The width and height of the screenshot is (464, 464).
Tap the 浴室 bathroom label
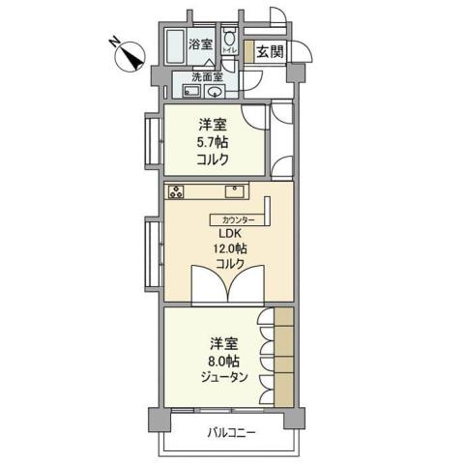pyautogui.click(x=200, y=43)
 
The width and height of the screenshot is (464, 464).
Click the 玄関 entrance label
pyautogui.click(x=269, y=51)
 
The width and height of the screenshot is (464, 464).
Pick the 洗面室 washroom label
pyautogui.click(x=207, y=76)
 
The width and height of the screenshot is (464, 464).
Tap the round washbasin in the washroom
pyautogui.click(x=214, y=92)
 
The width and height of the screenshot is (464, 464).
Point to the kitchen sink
pyautogui.click(x=237, y=188)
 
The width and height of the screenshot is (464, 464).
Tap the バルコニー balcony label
pyautogui.click(x=230, y=432)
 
